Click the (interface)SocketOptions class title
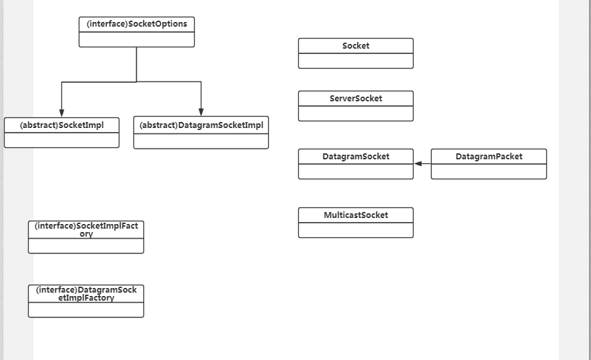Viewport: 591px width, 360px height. click(137, 24)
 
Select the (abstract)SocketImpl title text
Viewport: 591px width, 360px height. click(61, 125)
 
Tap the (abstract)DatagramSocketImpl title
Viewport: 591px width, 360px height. click(201, 125)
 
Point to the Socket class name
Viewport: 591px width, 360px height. click(356, 46)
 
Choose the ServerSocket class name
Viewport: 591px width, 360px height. click(356, 99)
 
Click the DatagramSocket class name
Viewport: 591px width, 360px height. click(356, 157)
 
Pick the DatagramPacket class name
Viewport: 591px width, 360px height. click(489, 157)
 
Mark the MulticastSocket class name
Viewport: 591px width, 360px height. click(356, 215)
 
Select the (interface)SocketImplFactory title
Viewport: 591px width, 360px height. click(86, 230)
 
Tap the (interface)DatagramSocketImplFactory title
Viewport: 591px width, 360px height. click(86, 294)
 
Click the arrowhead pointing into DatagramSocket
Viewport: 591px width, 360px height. click(418, 163)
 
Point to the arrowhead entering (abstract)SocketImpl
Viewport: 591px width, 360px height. click(61, 112)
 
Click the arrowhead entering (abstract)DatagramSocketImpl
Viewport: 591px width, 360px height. click(201, 112)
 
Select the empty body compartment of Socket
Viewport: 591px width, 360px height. click(356, 61)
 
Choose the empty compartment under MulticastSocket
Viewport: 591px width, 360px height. click(356, 230)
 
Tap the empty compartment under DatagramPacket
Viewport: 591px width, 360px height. click(489, 171)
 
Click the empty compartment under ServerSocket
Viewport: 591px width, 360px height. click(356, 113)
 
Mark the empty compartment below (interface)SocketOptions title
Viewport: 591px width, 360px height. click(137, 39)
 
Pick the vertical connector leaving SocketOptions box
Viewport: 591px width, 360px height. click(137, 64)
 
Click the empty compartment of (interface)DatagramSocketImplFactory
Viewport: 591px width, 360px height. click(86, 310)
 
